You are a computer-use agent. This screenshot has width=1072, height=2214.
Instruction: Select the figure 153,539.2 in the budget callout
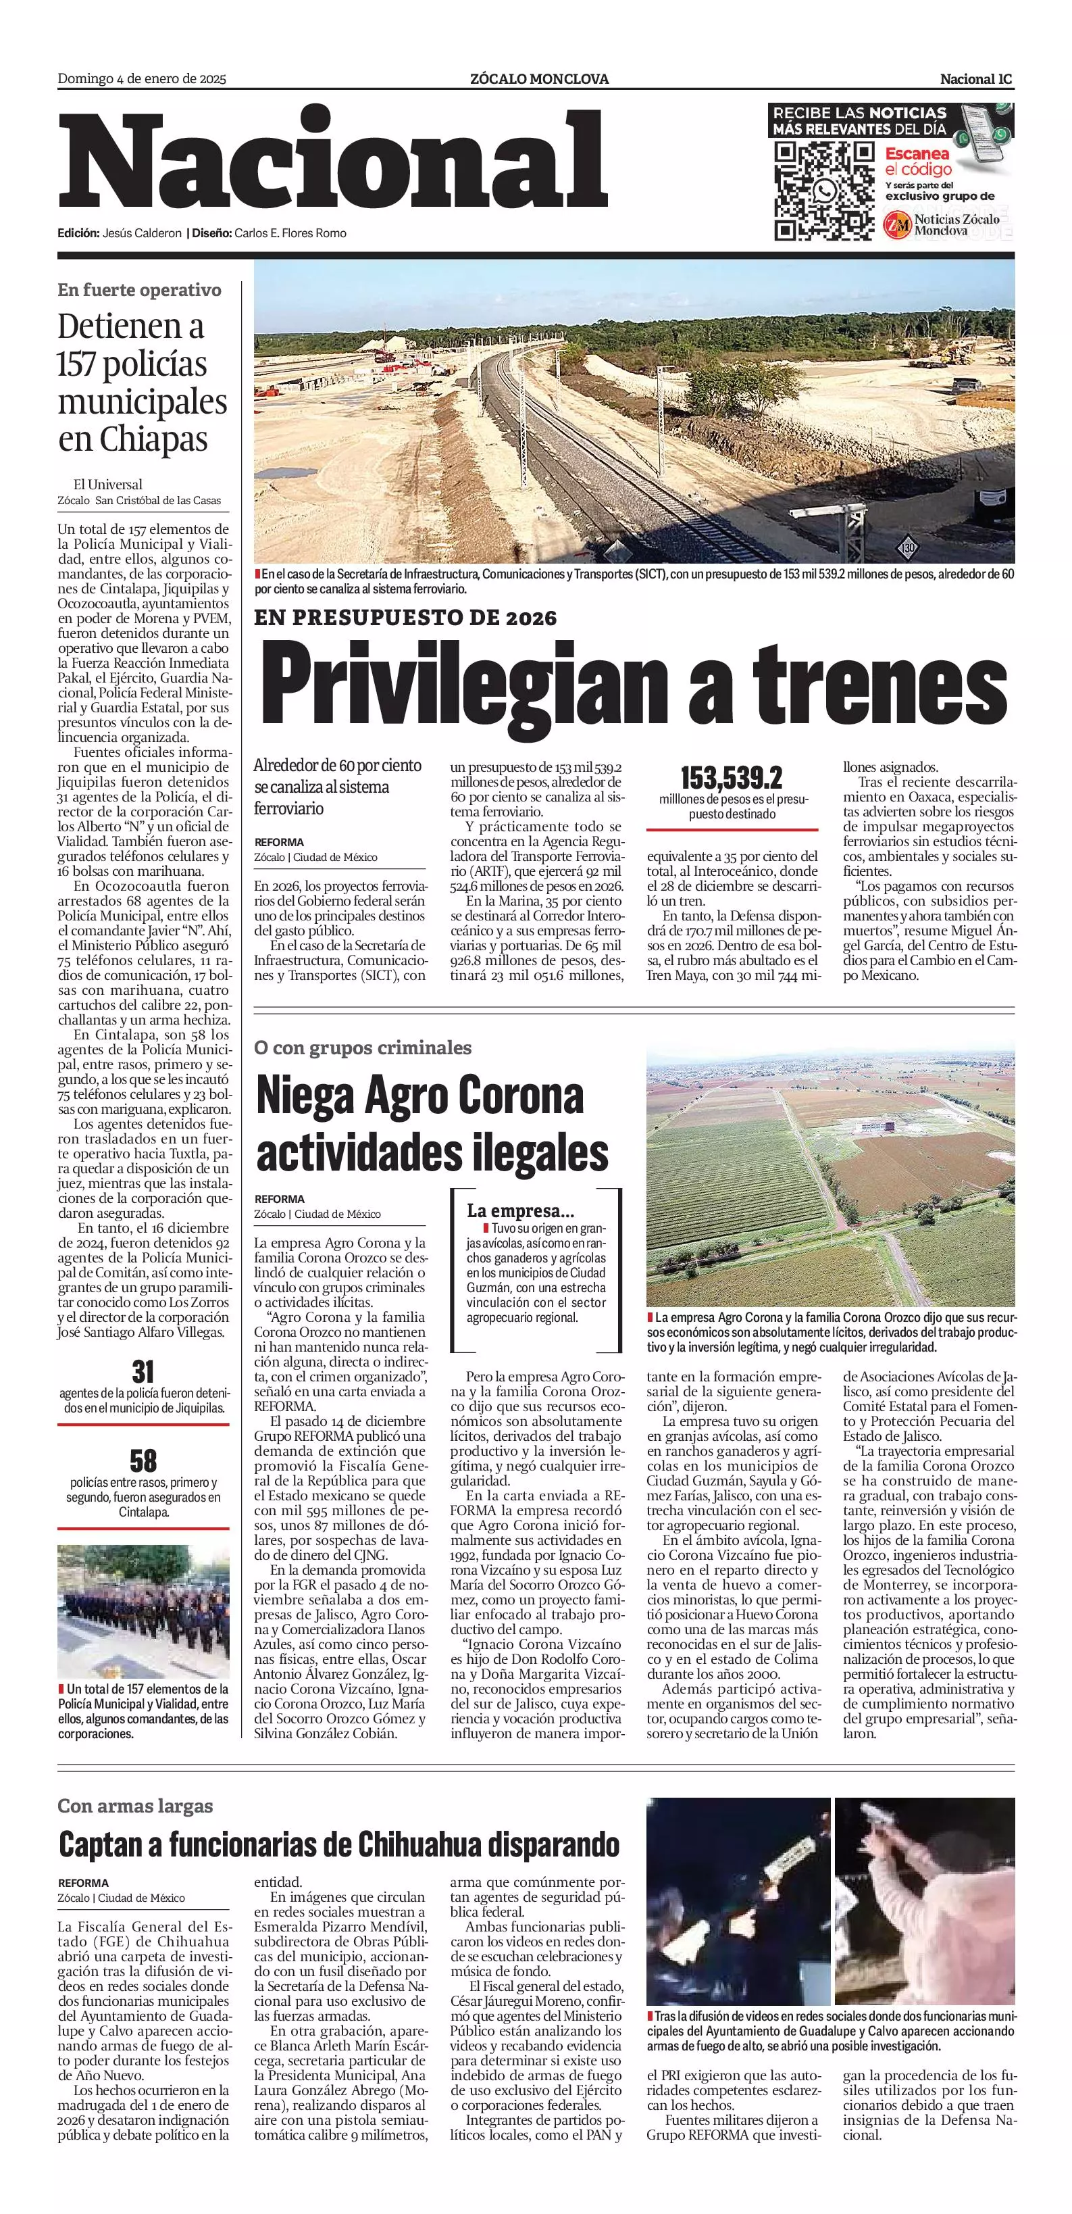click(x=731, y=779)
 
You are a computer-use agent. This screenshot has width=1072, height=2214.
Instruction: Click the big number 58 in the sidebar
click(x=143, y=1460)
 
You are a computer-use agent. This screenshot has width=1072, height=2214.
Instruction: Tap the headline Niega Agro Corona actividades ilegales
click(x=432, y=1124)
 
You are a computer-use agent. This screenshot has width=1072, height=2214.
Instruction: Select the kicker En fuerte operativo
click(x=139, y=290)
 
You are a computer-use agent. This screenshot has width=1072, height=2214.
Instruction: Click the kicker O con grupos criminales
click(x=363, y=1048)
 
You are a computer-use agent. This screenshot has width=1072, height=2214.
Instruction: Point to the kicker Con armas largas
click(x=135, y=1806)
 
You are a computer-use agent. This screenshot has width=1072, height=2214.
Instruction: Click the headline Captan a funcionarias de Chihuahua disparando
click(x=339, y=1844)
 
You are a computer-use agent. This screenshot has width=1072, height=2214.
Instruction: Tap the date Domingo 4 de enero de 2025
click(x=142, y=79)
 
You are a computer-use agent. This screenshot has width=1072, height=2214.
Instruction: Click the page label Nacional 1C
click(x=976, y=79)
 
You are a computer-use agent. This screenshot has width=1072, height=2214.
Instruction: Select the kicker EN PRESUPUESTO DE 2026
click(x=405, y=618)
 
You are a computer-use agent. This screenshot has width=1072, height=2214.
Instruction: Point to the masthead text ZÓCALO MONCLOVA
click(x=540, y=79)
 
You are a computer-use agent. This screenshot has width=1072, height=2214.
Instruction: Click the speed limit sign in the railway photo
click(x=908, y=547)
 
